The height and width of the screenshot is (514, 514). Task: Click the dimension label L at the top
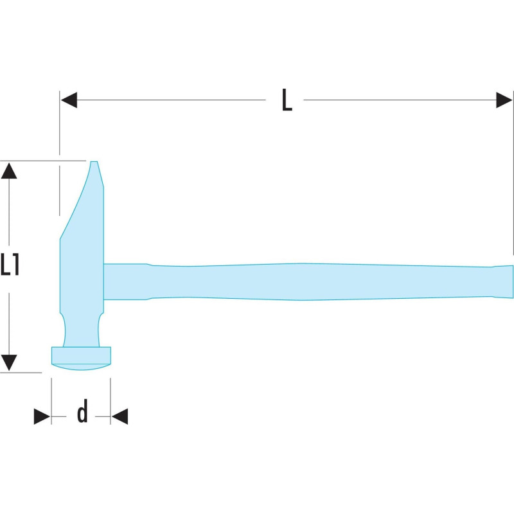click(x=287, y=100)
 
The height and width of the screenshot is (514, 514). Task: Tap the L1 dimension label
click(x=10, y=264)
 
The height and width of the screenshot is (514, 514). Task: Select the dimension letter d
click(x=82, y=411)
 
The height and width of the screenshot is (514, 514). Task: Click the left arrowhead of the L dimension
click(x=69, y=100)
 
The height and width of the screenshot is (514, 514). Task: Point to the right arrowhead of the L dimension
click(x=504, y=100)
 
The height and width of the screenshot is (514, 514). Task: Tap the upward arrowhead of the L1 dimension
click(x=9, y=170)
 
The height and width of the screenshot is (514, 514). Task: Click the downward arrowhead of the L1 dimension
click(x=9, y=363)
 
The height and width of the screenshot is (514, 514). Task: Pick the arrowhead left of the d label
click(x=42, y=416)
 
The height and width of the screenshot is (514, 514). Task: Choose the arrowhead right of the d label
click(x=120, y=416)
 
